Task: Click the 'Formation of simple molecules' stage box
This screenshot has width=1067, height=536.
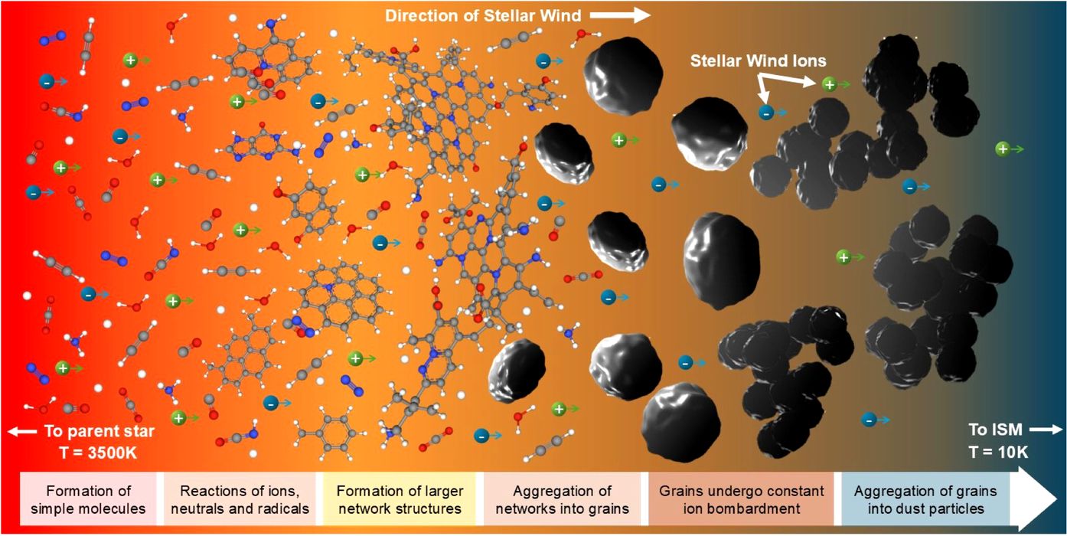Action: pyautogui.click(x=88, y=498)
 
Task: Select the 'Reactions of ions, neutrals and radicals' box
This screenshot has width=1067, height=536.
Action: pyautogui.click(x=240, y=498)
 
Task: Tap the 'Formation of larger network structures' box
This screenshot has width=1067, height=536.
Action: pyautogui.click(x=400, y=498)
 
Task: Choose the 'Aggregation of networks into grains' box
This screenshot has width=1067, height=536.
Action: pyautogui.click(x=562, y=498)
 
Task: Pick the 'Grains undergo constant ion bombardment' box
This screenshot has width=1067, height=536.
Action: pyautogui.click(x=741, y=498)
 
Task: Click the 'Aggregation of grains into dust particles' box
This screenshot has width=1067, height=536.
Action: pyautogui.click(x=925, y=498)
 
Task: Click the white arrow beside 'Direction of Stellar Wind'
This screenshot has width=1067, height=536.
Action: pyautogui.click(x=620, y=15)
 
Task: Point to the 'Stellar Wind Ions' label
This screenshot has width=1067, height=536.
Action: pyautogui.click(x=759, y=60)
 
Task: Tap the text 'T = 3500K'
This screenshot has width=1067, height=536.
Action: pyautogui.click(x=98, y=452)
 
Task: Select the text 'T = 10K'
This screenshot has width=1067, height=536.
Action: pyautogui.click(x=998, y=452)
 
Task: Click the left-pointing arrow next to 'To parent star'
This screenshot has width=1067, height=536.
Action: pyautogui.click(x=22, y=432)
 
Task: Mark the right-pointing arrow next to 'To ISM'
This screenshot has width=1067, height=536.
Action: pyautogui.click(x=1046, y=430)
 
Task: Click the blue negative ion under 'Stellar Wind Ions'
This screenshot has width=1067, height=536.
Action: pyautogui.click(x=766, y=113)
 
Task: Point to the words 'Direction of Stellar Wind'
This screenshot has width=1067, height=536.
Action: pyautogui.click(x=483, y=16)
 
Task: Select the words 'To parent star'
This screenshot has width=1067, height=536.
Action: pyautogui.click(x=100, y=431)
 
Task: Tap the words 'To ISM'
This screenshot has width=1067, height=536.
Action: pyautogui.click(x=996, y=430)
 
